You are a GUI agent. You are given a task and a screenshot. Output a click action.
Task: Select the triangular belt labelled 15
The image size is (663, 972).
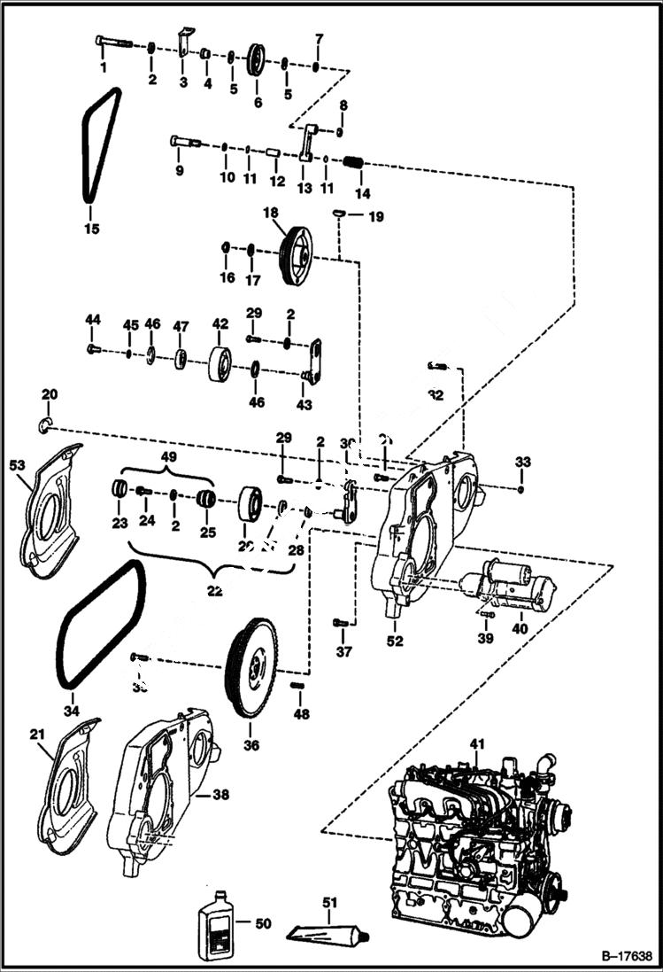click(x=99, y=146)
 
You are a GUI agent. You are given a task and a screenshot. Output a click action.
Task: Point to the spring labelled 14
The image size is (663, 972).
click(x=354, y=164)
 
